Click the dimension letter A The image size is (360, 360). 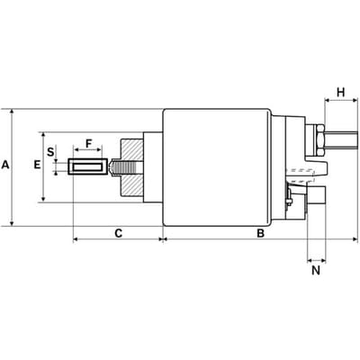tap(5, 165)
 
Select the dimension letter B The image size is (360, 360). tap(261, 233)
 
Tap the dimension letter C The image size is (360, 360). tap(119, 233)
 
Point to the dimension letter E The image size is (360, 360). tap(37, 165)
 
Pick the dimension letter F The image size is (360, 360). tap(88, 144)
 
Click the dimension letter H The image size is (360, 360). tap(341, 93)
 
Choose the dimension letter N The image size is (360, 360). tap(316, 271)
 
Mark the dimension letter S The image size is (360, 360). tap(51, 152)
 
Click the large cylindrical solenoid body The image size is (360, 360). tap(217, 167)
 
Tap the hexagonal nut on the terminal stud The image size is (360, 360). tap(319, 140)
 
